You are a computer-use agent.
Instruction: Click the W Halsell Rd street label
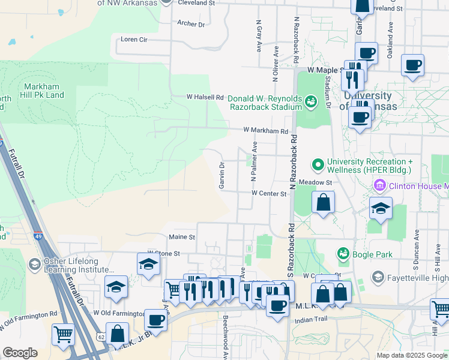coord(205,97)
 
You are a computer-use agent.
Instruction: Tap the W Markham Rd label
coord(265,131)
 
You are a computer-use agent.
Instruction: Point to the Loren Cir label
coord(134,40)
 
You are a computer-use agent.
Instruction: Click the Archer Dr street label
coord(191,24)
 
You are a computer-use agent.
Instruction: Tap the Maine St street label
coord(182,238)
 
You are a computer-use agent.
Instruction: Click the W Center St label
coord(268,193)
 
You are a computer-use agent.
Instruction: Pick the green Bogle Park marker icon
coord(343,254)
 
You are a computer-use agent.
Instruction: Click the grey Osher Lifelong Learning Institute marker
coord(35,264)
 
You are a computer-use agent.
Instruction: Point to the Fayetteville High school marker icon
coord(378,277)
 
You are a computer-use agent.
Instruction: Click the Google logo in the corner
coord(20,353)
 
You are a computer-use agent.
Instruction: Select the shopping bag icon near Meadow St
coord(323,202)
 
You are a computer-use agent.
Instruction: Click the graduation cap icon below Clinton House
coord(381,208)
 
